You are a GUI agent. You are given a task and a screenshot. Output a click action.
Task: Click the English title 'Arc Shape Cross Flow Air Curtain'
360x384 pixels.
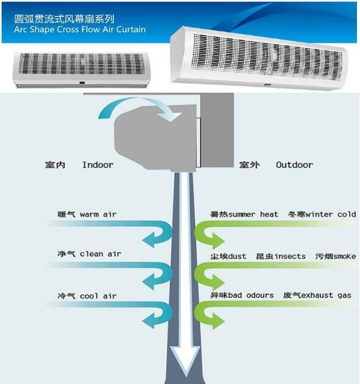(80, 29)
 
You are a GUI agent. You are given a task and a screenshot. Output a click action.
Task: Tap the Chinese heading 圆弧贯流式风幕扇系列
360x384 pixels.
(64, 19)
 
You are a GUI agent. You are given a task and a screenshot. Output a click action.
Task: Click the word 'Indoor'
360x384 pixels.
(98, 165)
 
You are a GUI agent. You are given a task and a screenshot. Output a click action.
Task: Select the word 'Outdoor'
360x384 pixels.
(294, 165)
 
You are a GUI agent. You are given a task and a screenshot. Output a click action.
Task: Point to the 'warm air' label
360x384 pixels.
(98, 215)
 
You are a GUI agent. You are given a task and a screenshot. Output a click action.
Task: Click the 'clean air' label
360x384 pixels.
(101, 254)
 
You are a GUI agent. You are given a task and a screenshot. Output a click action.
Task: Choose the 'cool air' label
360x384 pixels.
(98, 296)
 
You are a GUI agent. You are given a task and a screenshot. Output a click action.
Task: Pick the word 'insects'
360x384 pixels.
(290, 256)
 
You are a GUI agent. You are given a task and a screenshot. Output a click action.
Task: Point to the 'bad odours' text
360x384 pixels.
(251, 295)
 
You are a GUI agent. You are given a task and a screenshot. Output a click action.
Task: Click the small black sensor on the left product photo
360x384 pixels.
(82, 83)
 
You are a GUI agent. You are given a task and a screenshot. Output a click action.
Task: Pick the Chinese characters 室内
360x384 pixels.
(55, 165)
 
